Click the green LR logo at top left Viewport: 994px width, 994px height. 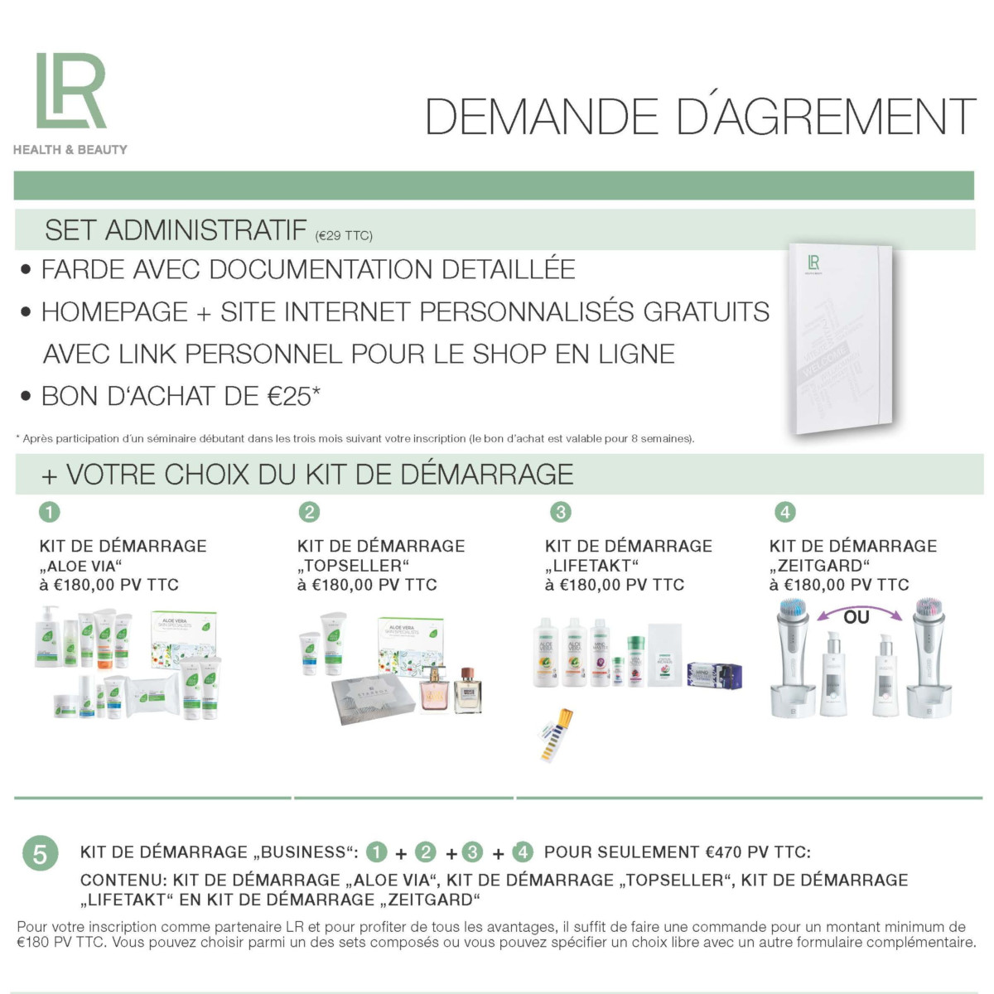pyautogui.click(x=70, y=90)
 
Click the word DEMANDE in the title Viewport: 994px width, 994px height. pyautogui.click(x=541, y=116)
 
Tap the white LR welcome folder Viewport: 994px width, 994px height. pyautogui.click(x=841, y=338)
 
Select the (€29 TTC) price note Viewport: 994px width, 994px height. pyautogui.click(x=344, y=236)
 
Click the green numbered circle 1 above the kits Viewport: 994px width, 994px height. pyautogui.click(x=50, y=512)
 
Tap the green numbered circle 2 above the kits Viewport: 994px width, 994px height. pyautogui.click(x=309, y=512)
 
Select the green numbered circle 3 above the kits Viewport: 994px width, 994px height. pyautogui.click(x=561, y=512)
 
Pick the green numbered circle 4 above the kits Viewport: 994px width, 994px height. pyautogui.click(x=785, y=512)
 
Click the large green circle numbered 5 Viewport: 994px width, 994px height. pyautogui.click(x=41, y=853)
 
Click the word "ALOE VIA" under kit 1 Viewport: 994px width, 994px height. pyautogui.click(x=80, y=566)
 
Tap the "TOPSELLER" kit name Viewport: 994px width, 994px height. pyautogui.click(x=353, y=566)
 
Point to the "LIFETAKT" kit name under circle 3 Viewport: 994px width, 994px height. pyautogui.click(x=591, y=566)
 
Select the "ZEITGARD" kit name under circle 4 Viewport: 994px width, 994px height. pyautogui.click(x=820, y=566)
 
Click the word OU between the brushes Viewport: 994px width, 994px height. pyautogui.click(x=856, y=617)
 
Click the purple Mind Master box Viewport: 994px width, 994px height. pyautogui.click(x=715, y=675)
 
